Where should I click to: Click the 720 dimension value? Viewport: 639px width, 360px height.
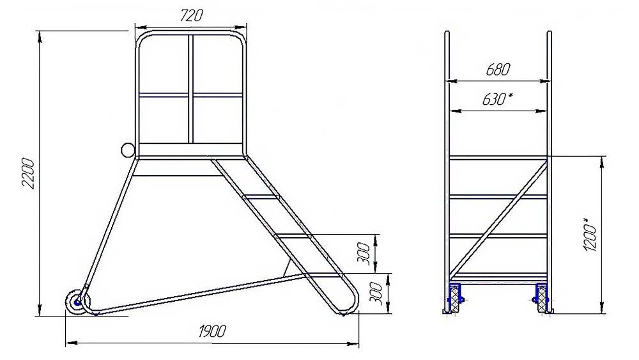click(190, 15)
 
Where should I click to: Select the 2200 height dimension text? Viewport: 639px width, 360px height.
click(29, 173)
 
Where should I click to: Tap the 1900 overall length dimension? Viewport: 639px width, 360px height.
click(212, 331)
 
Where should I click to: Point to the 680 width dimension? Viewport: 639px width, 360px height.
click(498, 70)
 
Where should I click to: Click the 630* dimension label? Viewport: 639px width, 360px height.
click(498, 99)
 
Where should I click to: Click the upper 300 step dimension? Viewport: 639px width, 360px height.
click(366, 254)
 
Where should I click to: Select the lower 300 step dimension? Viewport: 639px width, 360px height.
click(376, 293)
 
